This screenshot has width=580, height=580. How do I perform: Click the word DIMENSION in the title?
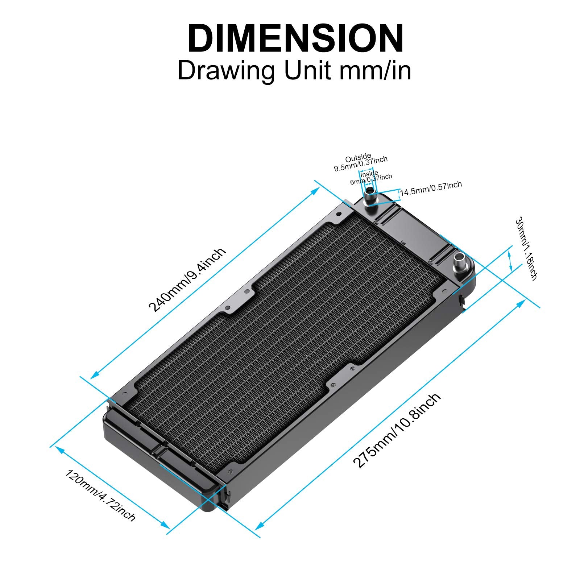click(x=295, y=39)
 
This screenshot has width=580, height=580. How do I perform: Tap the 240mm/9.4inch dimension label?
click(x=187, y=279)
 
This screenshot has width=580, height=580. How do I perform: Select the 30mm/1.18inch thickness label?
click(x=526, y=249)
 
